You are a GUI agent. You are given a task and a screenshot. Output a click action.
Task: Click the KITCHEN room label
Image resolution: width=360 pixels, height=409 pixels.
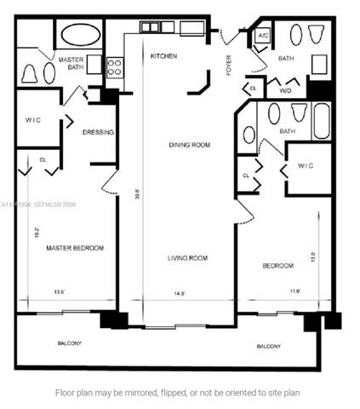click(163, 55)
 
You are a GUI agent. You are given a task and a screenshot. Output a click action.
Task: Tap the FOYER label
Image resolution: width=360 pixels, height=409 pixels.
click(229, 65)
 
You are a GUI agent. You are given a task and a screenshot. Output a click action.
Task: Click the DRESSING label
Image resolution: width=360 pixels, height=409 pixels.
click(99, 132)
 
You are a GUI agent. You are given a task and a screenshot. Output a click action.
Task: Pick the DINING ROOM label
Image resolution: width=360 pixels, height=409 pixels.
click(188, 145)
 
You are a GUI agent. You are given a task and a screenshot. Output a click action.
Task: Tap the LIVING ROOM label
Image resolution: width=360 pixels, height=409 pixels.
click(187, 257)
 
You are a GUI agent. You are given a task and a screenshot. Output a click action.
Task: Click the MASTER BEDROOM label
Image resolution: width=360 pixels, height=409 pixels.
click(75, 248)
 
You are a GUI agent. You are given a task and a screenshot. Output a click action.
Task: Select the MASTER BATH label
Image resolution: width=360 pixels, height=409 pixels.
click(71, 63)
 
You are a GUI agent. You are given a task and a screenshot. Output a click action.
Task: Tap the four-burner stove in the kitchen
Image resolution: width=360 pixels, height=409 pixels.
click(114, 66)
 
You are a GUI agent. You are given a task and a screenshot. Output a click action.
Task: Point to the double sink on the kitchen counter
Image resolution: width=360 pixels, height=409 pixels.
click(150, 27)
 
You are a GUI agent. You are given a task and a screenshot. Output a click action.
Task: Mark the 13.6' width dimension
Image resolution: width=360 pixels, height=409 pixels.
click(60, 291)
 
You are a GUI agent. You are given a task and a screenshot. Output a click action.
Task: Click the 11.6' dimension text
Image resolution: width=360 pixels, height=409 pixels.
click(271, 292)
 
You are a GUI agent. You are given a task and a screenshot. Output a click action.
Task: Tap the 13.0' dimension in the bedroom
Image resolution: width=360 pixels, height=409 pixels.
click(313, 256)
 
